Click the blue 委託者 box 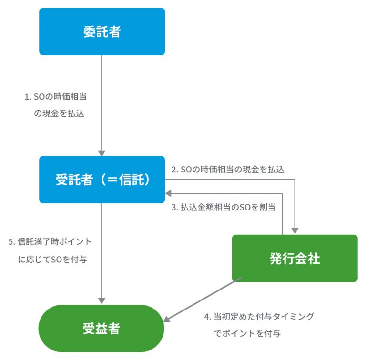102,31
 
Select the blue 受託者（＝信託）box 102,180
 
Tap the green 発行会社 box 295,259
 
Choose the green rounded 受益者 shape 102,328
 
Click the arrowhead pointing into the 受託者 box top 102,153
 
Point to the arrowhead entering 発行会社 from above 295,231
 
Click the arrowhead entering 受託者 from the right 168,193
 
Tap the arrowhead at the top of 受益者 102,301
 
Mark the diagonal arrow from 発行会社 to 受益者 202,300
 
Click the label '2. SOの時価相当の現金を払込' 228,170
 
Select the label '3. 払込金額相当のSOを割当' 224,207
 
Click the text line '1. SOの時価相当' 56,97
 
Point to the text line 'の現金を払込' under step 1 59,113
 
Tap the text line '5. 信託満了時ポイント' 50,242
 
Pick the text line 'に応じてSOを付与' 52,259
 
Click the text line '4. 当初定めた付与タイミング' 259,317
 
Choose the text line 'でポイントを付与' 247,334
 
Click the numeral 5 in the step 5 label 11,242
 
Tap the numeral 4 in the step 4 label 207,317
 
